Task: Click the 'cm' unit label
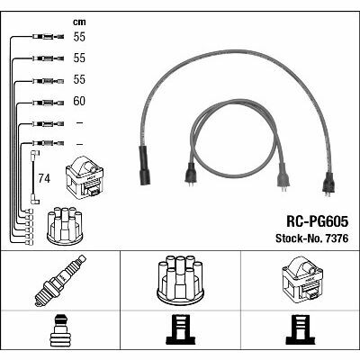(x=79, y=22)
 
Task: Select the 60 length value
(x=79, y=101)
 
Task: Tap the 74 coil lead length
(x=44, y=179)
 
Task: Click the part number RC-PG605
(x=318, y=222)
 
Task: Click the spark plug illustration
(x=60, y=281)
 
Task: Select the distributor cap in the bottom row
(x=180, y=278)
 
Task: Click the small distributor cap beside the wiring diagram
(x=65, y=226)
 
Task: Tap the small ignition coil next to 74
(x=85, y=178)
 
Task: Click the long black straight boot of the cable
(x=145, y=166)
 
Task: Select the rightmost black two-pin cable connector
(x=328, y=184)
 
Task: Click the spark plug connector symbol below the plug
(x=60, y=330)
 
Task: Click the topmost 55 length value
(x=79, y=37)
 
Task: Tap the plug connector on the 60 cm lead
(x=48, y=103)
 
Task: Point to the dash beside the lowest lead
(x=79, y=145)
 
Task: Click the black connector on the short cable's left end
(x=190, y=175)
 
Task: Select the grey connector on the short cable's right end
(x=283, y=177)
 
